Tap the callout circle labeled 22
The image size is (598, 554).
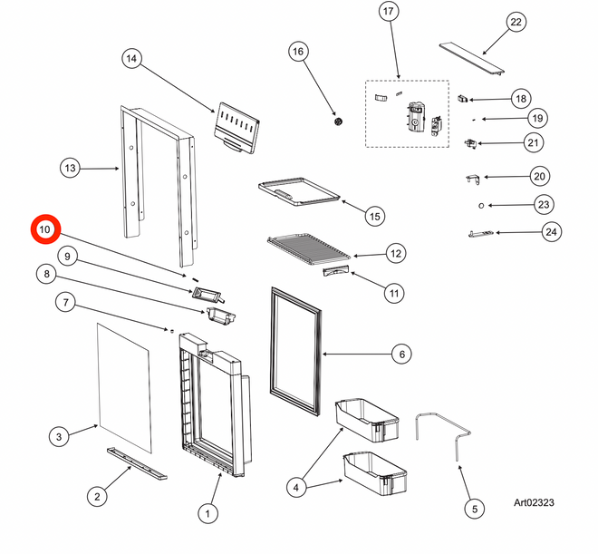pos(516,23)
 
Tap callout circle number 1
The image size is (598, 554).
pos(207,514)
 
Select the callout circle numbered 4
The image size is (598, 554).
pos(294,487)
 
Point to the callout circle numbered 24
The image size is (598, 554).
pos(551,232)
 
